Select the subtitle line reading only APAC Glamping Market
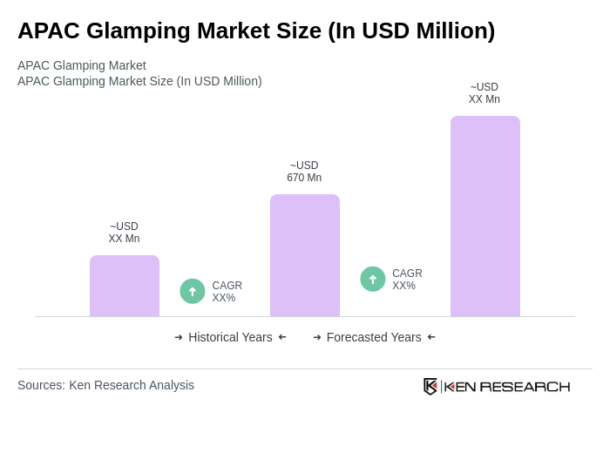coord(82,65)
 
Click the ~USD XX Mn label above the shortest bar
coord(124,233)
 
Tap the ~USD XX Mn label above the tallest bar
coord(485,93)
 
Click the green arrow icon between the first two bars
coord(193,291)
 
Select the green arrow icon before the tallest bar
coord(373,279)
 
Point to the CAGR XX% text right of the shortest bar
coord(227,292)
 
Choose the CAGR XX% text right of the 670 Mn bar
coord(407,280)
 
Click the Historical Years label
coord(230,337)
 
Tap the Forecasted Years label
coord(374,337)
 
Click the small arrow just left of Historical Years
coord(179,337)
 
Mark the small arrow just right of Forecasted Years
coord(431,337)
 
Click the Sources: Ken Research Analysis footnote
coord(105,385)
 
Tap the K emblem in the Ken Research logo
coord(430,386)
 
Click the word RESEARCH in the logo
coord(525,387)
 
